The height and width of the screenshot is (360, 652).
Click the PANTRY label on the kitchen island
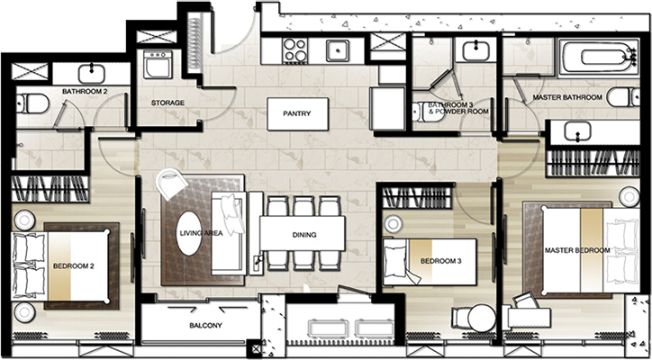[x=297, y=113]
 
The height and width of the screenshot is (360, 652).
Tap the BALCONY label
[x=205, y=326]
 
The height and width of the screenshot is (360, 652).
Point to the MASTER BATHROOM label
[x=567, y=97]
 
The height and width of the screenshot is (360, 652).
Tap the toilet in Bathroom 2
[x=32, y=103]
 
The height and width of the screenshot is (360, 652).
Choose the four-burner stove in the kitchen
[x=294, y=50]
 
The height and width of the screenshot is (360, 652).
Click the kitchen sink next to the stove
[x=338, y=50]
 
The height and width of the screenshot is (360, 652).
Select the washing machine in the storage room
[x=158, y=65]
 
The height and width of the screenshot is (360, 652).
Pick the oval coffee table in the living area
[x=189, y=233]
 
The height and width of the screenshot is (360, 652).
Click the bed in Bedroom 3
[x=430, y=262]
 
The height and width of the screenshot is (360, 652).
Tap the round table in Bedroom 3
[x=482, y=318]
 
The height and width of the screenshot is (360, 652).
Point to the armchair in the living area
[x=172, y=184]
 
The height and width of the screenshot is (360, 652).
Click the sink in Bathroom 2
[x=91, y=74]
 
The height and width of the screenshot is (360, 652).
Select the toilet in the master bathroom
[x=623, y=97]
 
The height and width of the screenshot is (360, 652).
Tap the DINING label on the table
[x=304, y=235]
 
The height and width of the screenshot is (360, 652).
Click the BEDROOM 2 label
[x=73, y=266]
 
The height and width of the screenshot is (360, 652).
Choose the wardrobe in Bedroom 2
[x=50, y=189]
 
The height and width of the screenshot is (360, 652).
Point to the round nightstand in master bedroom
[x=629, y=196]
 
